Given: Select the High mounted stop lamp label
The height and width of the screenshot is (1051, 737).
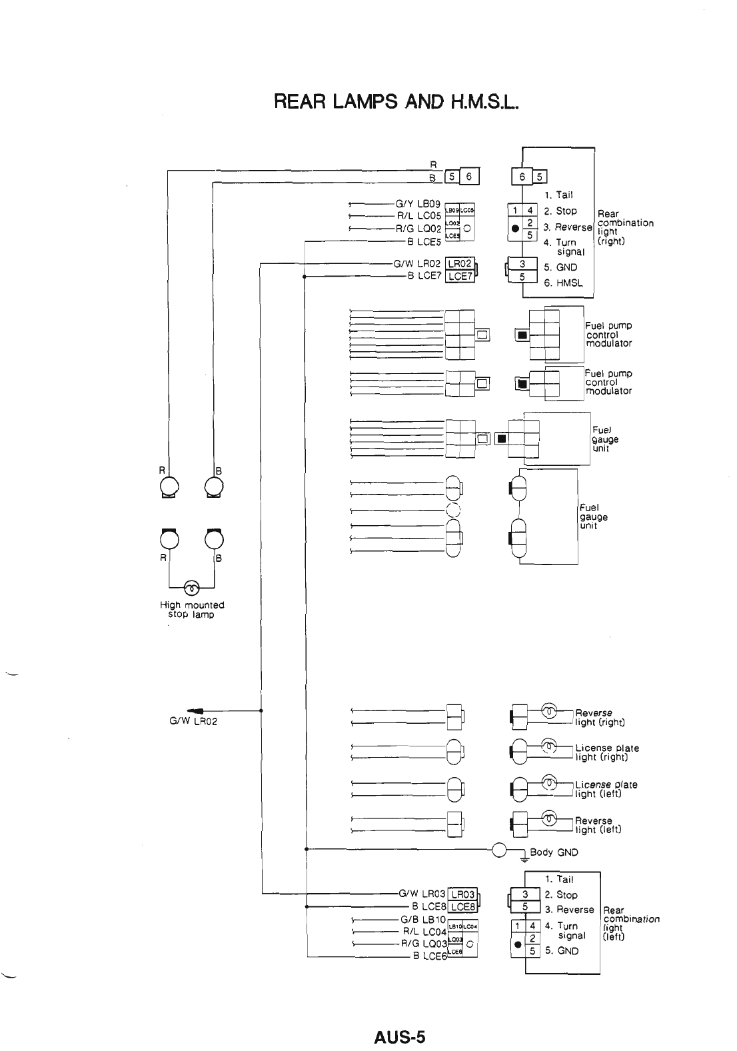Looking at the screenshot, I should pyautogui.click(x=192, y=610).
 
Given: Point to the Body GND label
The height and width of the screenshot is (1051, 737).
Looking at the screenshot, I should pyautogui.click(x=554, y=852).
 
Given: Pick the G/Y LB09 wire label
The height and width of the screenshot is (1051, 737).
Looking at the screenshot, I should pyautogui.click(x=418, y=204).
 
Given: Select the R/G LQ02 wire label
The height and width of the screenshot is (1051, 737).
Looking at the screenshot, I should pyautogui.click(x=418, y=228).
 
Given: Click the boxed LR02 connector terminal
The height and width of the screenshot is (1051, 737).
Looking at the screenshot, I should pyautogui.click(x=460, y=264).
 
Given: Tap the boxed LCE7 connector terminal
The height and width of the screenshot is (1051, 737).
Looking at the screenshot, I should pyautogui.click(x=460, y=276).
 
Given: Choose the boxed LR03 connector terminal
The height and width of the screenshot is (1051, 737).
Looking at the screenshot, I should pyautogui.click(x=463, y=894).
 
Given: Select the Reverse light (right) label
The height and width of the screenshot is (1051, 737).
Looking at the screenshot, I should pyautogui.click(x=600, y=717).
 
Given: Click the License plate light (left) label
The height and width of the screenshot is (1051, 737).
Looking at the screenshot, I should pyautogui.click(x=606, y=789).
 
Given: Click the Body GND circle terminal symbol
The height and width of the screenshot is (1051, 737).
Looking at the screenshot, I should pyautogui.click(x=500, y=849).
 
